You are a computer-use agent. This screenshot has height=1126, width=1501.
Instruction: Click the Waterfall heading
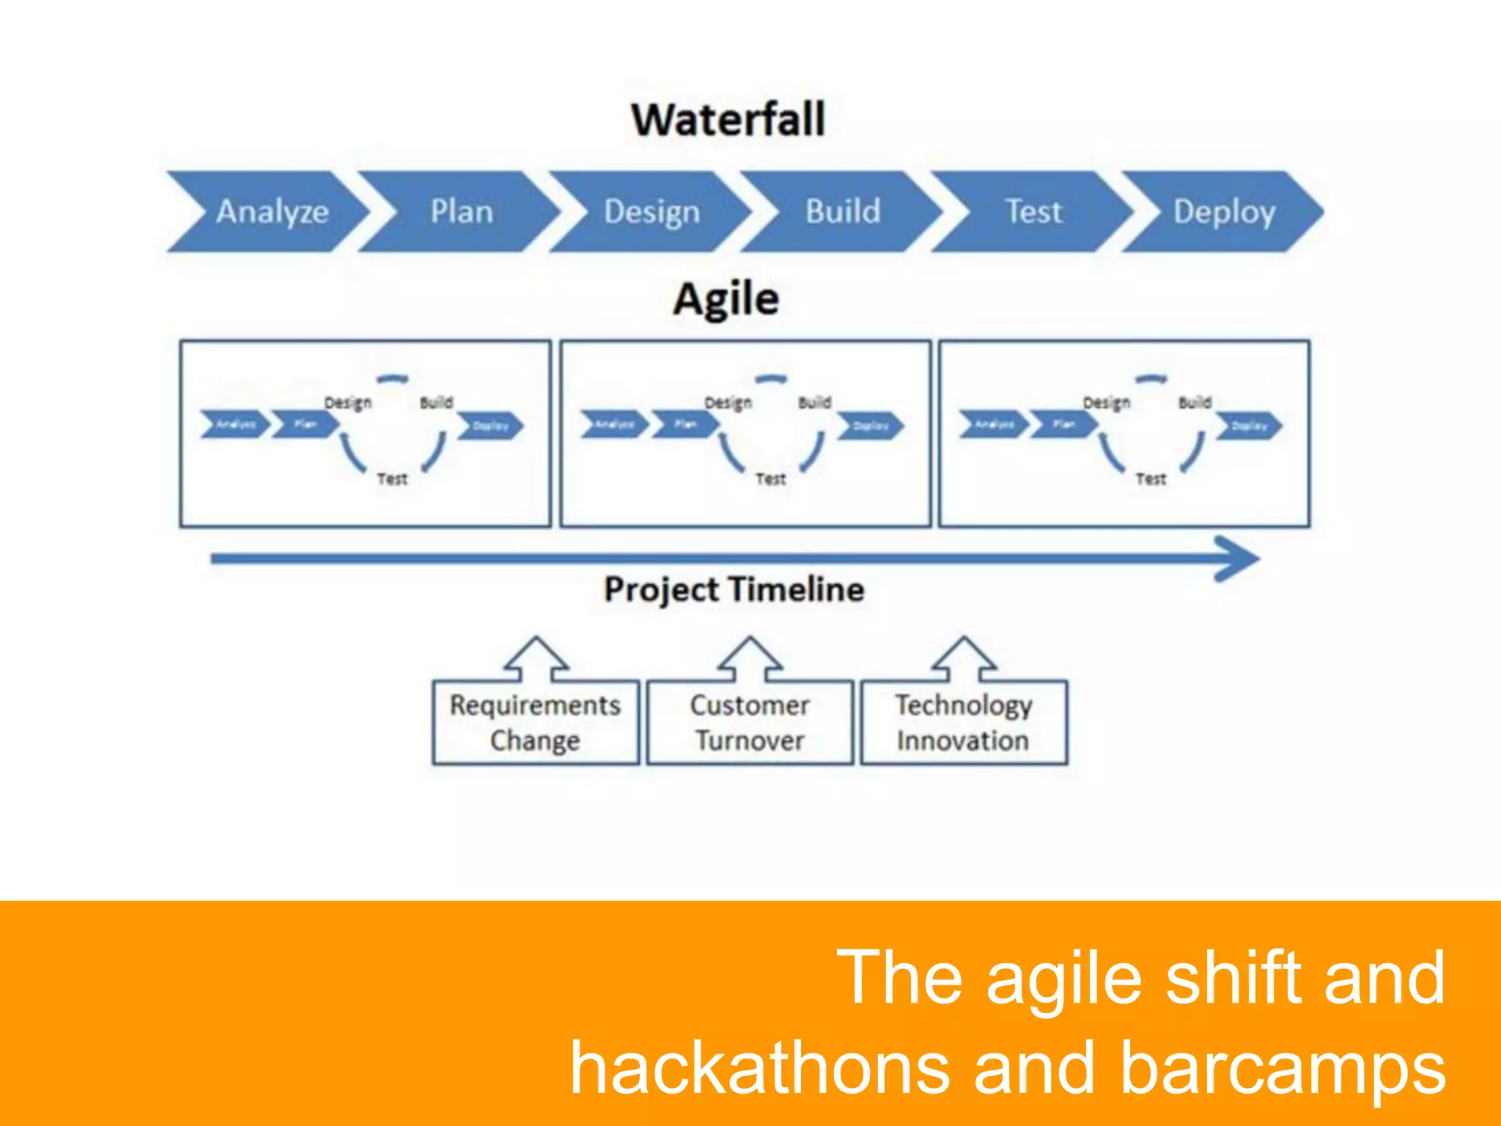coord(728,119)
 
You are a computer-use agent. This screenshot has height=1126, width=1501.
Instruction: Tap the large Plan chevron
coord(461,211)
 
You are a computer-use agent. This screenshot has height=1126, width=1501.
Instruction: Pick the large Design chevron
coord(652,211)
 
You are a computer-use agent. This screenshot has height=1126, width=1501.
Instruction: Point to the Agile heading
coord(726,299)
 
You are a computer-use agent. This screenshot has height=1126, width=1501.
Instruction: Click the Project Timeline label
coord(734,589)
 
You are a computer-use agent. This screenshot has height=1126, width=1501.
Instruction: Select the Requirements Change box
coord(535,722)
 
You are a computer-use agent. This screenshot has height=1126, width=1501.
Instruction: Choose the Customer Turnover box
coord(750,722)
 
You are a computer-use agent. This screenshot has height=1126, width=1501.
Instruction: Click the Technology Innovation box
coord(963,722)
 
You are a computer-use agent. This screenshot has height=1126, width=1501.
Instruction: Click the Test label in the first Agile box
coord(392,479)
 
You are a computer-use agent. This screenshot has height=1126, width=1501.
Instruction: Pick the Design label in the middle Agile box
coord(728,402)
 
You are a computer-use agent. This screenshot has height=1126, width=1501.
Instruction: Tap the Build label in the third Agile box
coord(1195,402)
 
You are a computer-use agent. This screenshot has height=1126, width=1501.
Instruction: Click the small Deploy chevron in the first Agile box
coord(490,426)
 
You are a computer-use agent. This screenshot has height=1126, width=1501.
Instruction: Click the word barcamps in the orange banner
coord(1283,1067)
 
